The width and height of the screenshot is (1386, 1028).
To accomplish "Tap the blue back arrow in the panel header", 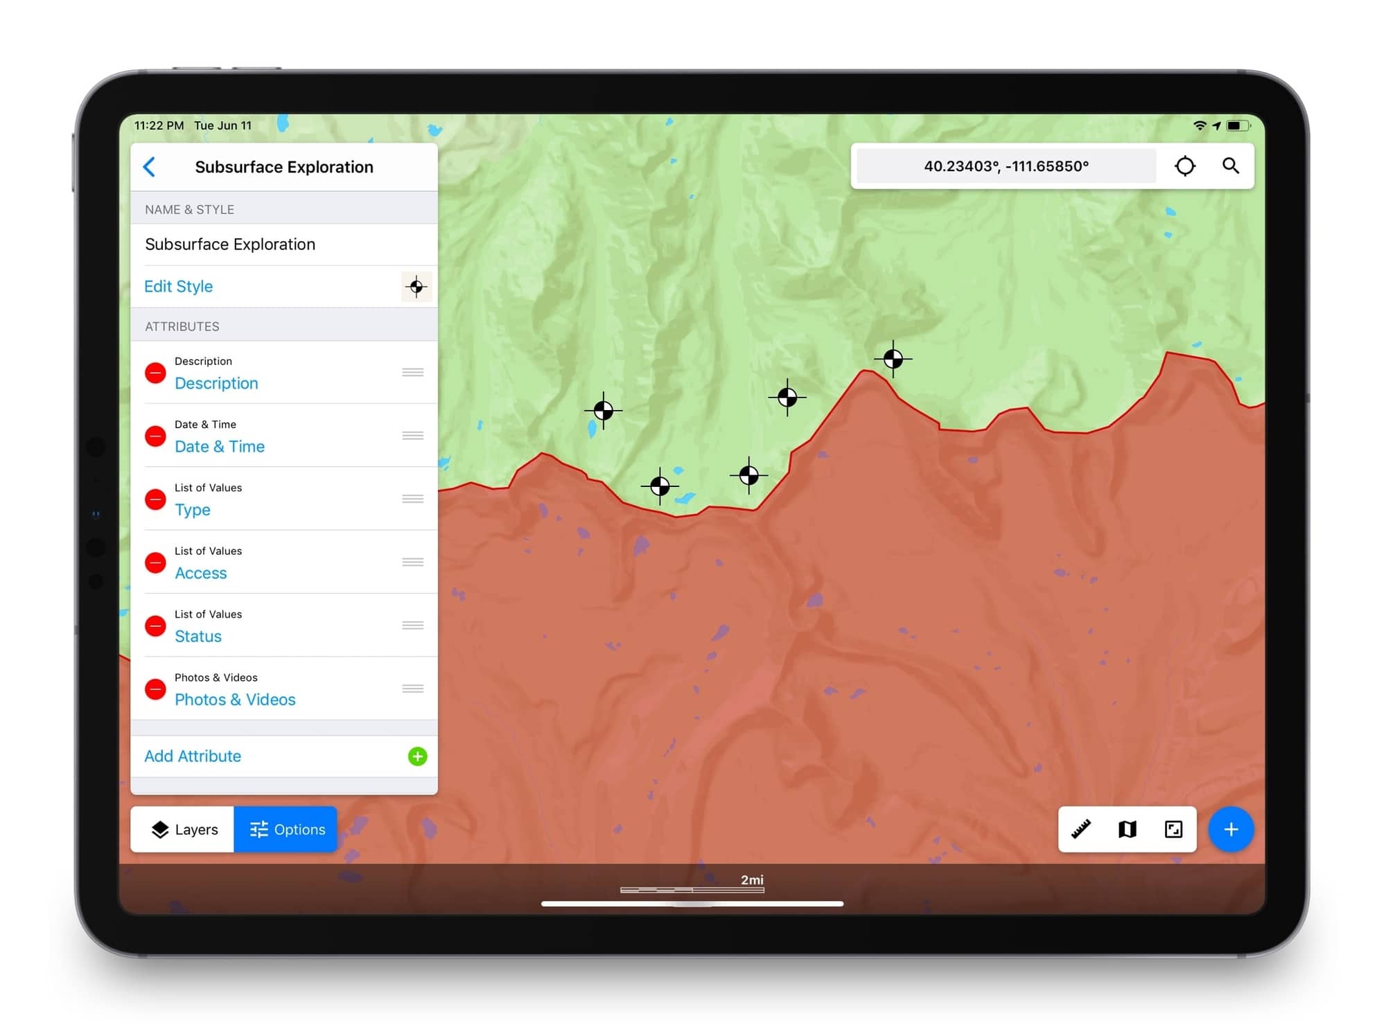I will point(149,167).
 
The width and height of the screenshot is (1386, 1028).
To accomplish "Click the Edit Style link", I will point(178,287).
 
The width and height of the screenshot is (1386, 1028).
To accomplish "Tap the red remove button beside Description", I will point(155,373).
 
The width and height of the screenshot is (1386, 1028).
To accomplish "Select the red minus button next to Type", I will point(155,499).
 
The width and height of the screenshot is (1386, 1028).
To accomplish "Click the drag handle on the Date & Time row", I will point(413,436).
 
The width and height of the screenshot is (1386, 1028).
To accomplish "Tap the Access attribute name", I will point(200,573).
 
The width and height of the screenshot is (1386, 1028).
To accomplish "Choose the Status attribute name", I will point(198,636).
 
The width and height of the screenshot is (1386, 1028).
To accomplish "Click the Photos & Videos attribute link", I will point(235,700).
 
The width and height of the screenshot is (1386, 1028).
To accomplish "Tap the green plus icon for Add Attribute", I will point(417,756).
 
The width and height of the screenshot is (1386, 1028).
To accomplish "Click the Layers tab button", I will point(184,829).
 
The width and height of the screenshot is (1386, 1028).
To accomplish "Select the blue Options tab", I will point(286,829).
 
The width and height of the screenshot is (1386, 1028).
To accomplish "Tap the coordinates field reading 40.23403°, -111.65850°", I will point(1006,166).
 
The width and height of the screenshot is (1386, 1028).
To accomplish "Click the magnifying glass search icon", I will point(1231,166).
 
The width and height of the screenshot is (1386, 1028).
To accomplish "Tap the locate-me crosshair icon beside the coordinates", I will point(1185,166).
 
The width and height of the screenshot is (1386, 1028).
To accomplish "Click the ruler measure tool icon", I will point(1081,829).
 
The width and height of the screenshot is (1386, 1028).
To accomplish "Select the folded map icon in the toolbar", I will point(1128,829).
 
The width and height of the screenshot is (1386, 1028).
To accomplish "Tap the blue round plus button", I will point(1231,829).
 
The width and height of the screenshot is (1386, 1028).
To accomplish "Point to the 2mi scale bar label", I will point(752,880).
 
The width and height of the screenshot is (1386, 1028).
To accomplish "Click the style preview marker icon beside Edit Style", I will point(416,287).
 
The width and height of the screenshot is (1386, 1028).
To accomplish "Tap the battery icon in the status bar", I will point(1237,125).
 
